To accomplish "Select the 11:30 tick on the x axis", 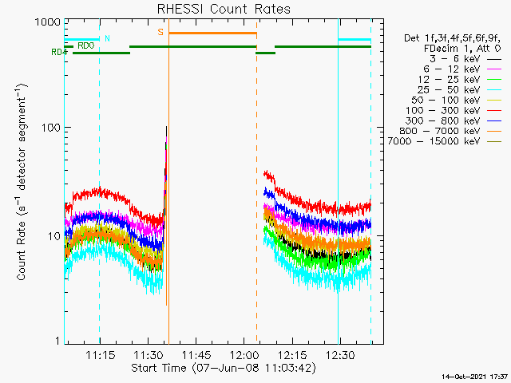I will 148,353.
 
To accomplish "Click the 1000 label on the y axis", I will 48,22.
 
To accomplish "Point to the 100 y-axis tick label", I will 51,128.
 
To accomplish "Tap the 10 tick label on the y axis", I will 53,236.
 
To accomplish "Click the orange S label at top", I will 160,32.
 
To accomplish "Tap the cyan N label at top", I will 108,38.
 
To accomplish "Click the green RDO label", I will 85,45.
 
